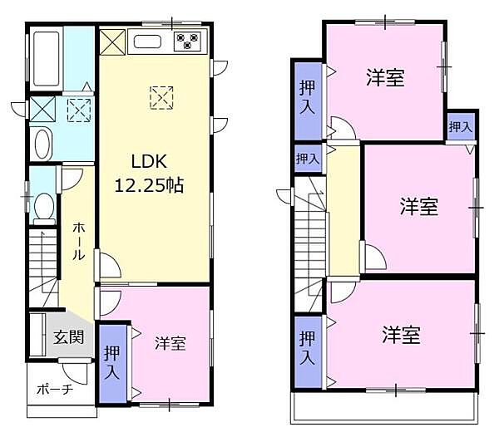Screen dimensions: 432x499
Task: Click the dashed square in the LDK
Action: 161,98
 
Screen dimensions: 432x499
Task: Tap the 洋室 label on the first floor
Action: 170,342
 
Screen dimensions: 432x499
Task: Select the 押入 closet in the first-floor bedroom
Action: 111,362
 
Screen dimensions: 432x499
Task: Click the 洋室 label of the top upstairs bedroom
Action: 385,78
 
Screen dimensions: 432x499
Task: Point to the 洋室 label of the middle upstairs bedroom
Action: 417,207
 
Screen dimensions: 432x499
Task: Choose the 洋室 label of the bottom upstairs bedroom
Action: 402,335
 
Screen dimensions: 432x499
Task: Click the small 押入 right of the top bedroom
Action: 460,127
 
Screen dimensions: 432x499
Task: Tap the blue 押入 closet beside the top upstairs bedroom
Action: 307,98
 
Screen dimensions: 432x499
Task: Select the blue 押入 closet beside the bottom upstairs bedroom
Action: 307,349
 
